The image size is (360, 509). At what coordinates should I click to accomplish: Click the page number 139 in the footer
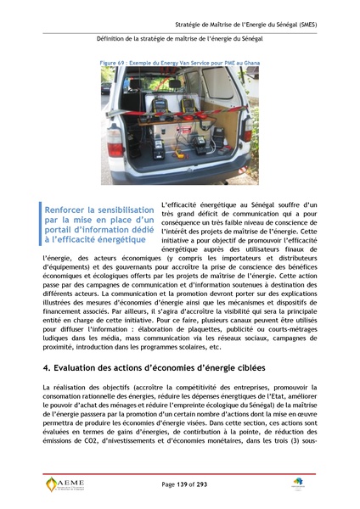(x=180, y=484)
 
